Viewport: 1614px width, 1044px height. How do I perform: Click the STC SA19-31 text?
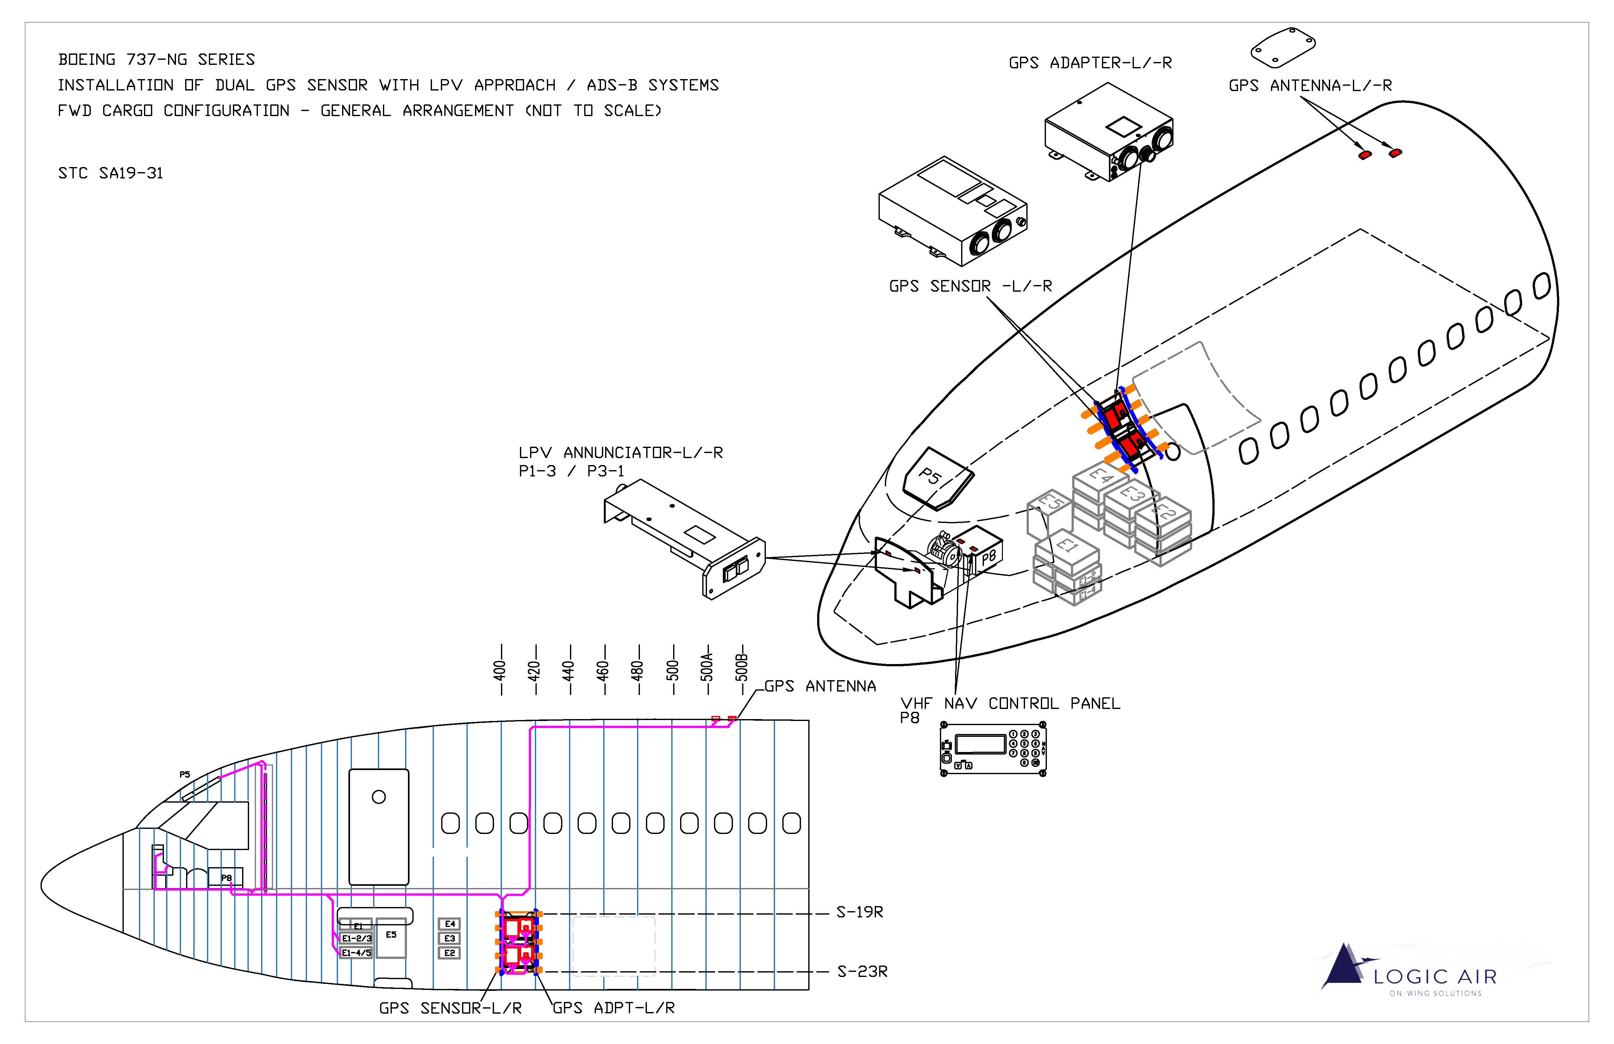point(110,174)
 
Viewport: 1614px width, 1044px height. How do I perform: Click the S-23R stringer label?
point(862,972)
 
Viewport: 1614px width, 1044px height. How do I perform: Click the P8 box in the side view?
point(226,878)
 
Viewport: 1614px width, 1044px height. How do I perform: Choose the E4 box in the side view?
point(450,924)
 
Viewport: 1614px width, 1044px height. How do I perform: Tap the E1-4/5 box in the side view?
point(356,953)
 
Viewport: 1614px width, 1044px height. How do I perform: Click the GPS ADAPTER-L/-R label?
point(1090,63)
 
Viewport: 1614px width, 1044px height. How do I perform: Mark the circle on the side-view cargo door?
point(378,797)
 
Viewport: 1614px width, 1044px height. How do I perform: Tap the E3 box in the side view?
point(450,938)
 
